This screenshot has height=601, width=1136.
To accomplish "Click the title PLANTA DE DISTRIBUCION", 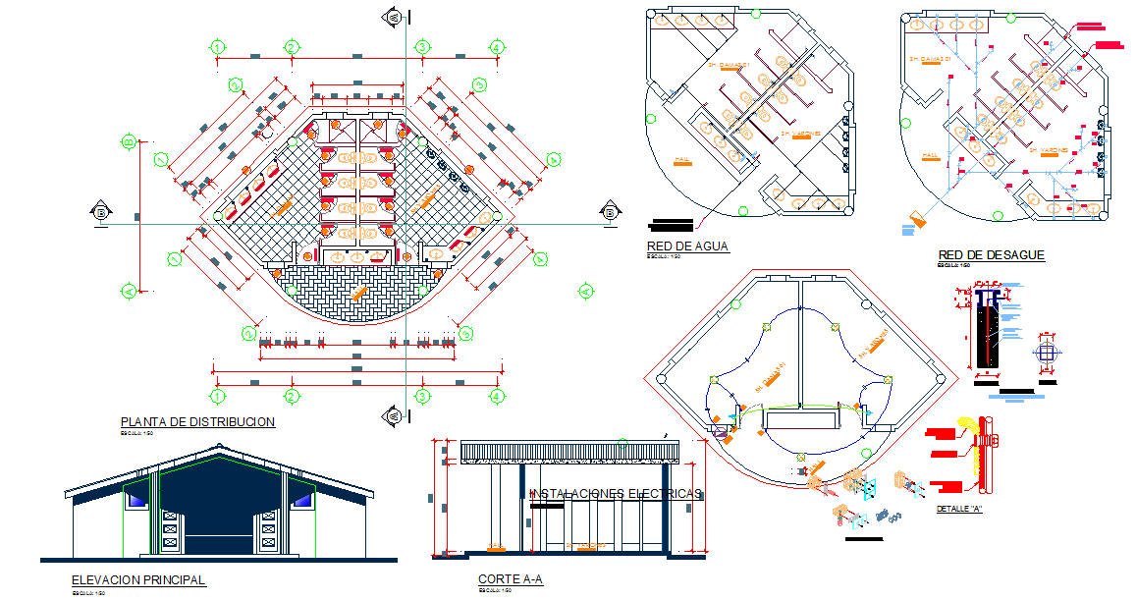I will click(x=197, y=422).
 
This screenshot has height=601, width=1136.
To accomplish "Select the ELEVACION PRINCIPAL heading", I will click(x=138, y=580).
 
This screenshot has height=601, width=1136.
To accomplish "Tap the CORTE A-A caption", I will click(x=511, y=580).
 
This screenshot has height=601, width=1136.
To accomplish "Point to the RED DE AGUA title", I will click(x=687, y=246).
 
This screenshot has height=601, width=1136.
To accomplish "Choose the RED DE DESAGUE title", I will click(x=991, y=255).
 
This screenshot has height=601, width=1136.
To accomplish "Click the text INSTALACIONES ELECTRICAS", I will click(x=616, y=494).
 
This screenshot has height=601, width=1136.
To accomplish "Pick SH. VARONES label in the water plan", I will click(x=800, y=133).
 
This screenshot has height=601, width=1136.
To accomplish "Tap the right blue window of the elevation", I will click(x=303, y=501).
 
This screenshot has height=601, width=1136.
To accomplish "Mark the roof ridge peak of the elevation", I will click(x=218, y=448).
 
